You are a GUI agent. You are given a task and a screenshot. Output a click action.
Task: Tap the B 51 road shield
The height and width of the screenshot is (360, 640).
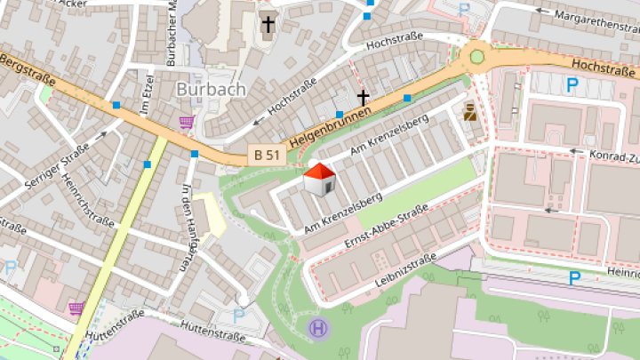(263, 156)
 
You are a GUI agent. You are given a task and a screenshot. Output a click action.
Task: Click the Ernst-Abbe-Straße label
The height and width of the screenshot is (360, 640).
(385, 226)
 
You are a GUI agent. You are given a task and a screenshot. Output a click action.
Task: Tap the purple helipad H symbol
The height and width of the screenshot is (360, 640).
(317, 329)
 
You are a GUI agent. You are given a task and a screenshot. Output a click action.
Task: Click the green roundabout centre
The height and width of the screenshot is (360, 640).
(477, 57)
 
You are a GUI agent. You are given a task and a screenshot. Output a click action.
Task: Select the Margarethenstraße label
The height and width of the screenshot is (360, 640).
(596, 20)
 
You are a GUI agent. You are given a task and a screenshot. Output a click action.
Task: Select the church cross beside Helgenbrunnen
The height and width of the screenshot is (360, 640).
(362, 96)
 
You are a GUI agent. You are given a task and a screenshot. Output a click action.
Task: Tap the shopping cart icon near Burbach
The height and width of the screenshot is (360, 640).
(187, 122)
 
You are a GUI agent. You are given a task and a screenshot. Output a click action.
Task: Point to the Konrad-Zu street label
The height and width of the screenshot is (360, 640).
(612, 155)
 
